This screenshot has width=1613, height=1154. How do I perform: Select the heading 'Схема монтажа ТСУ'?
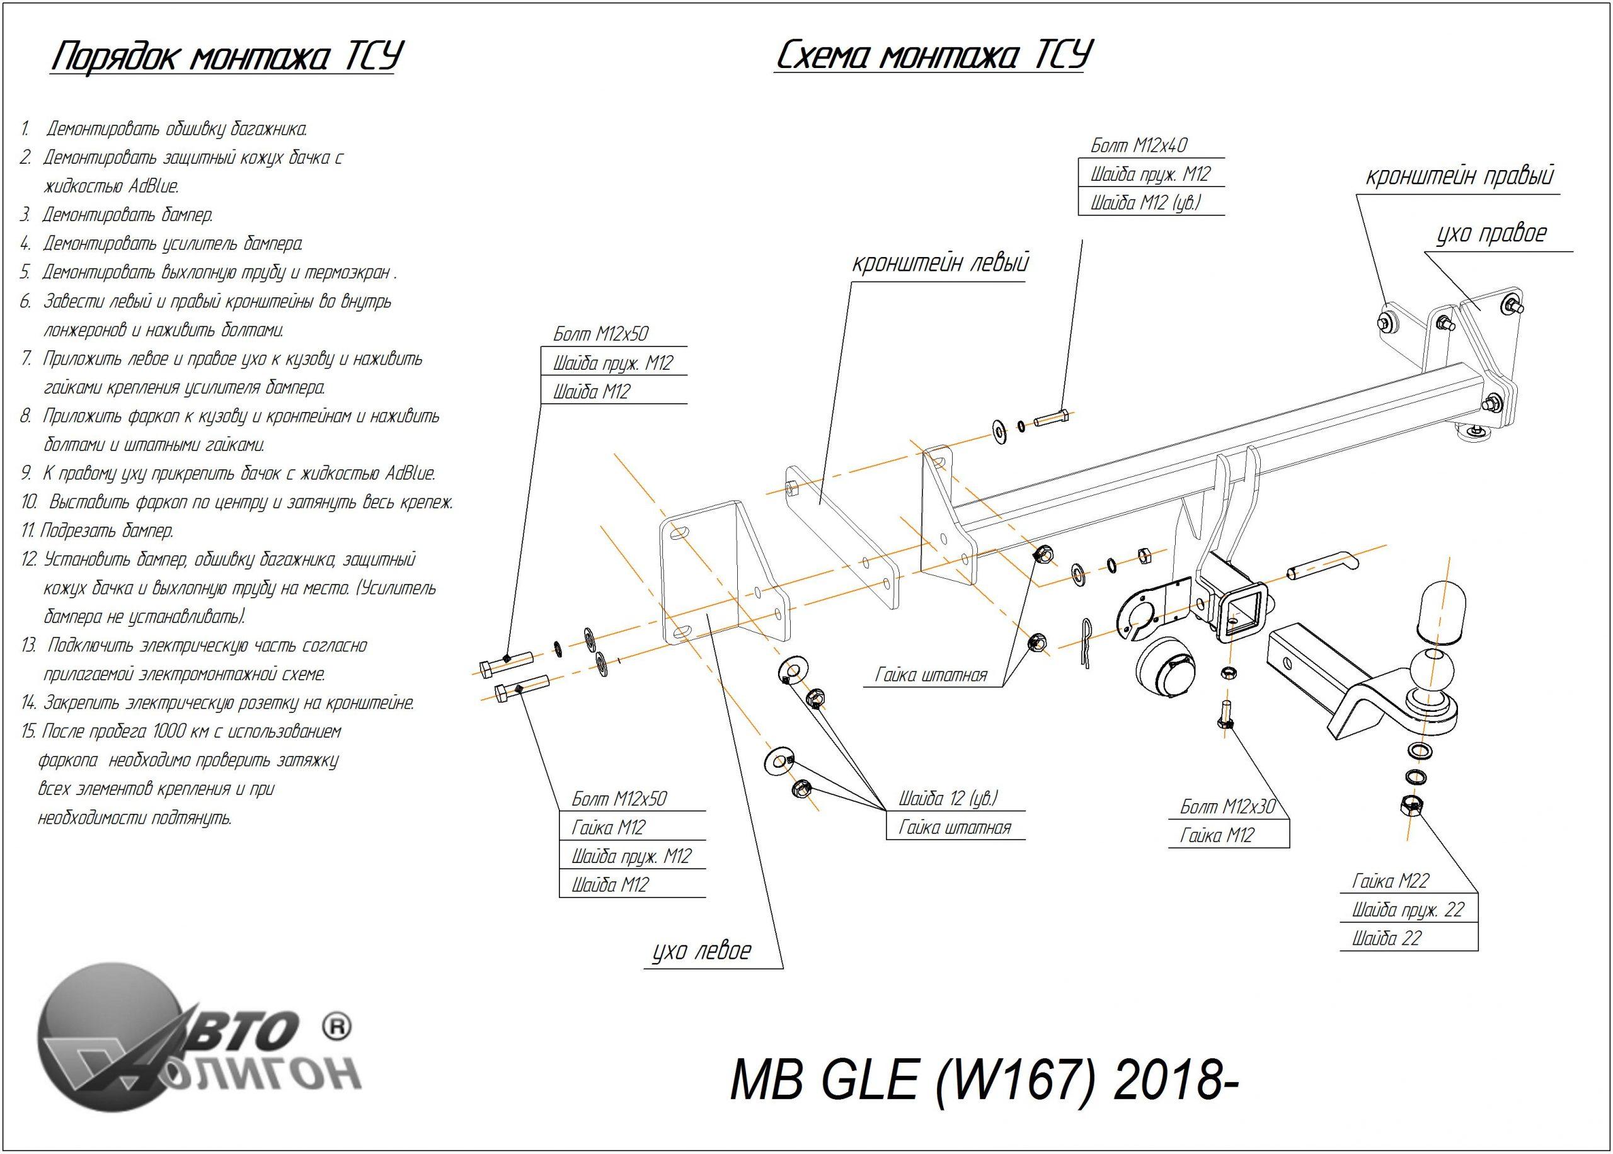933,55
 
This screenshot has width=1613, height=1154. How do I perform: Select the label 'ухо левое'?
702,951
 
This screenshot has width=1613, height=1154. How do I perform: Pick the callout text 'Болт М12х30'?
1228,806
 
